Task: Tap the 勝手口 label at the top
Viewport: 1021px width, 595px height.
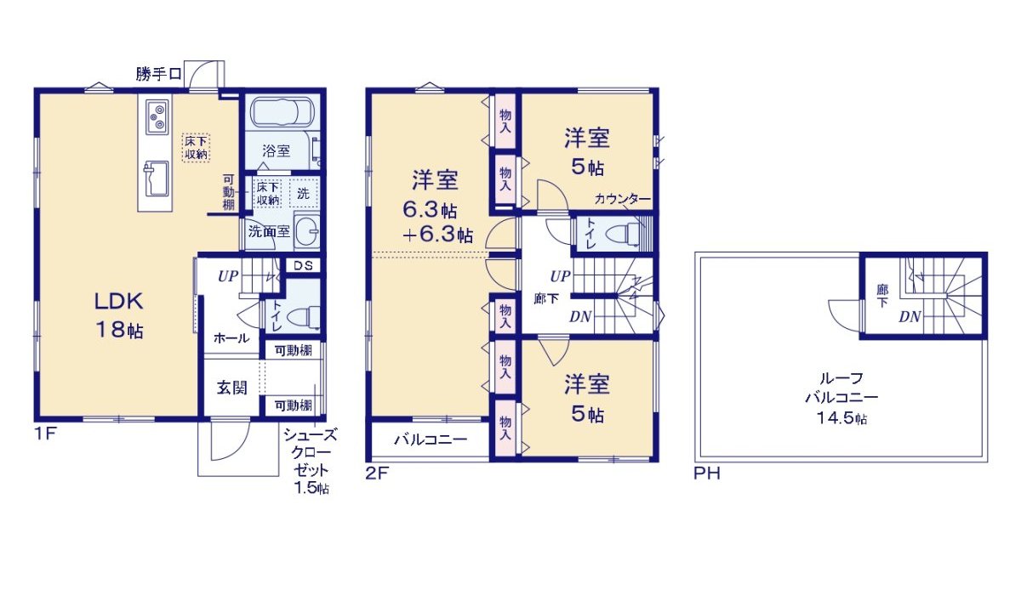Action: [158, 75]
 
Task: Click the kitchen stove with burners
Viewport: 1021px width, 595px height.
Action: [157, 116]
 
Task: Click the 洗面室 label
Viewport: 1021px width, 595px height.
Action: [269, 230]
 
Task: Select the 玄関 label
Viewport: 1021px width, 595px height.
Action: [231, 388]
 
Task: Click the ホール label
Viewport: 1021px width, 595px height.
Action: [231, 338]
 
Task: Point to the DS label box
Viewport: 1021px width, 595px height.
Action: [302, 265]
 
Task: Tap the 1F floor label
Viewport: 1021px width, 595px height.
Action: [45, 433]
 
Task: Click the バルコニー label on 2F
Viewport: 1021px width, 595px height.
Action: [430, 440]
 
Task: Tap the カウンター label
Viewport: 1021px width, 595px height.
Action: [623, 199]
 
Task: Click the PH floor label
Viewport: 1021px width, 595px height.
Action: [706, 473]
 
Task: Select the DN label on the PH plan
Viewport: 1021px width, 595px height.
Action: [910, 316]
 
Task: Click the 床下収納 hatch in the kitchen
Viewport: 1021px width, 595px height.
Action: [196, 147]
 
